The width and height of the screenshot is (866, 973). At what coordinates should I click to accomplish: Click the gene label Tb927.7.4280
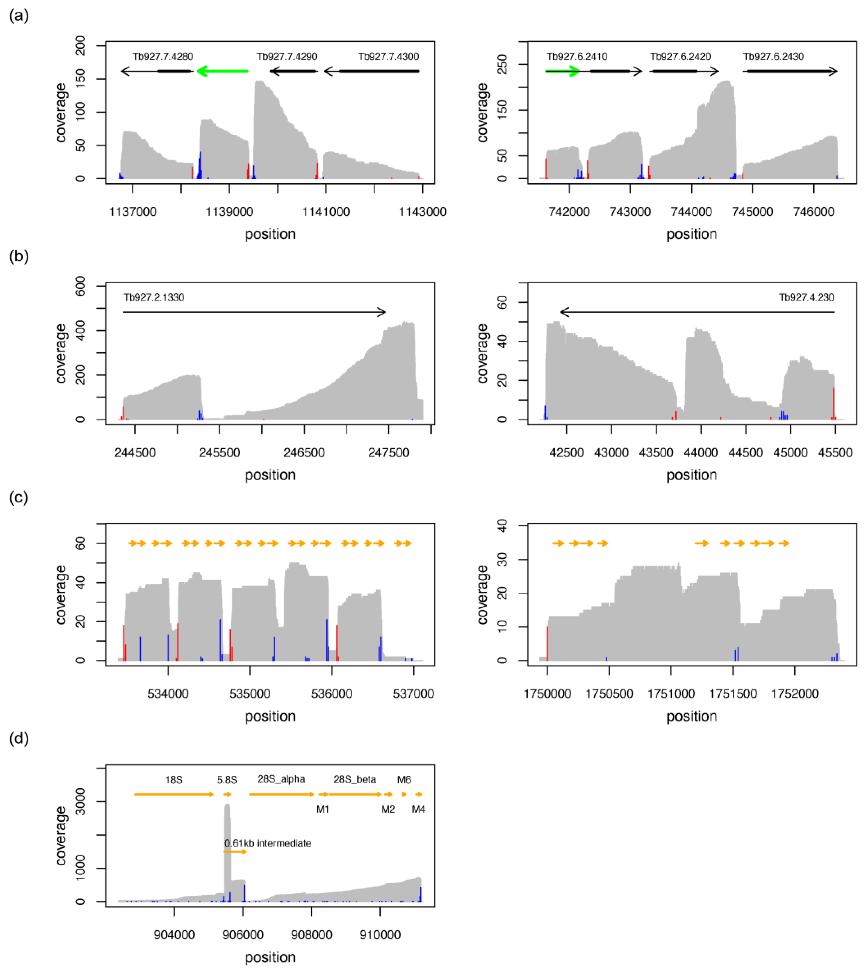click(x=163, y=57)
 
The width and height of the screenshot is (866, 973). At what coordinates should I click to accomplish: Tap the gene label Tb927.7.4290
click(x=287, y=57)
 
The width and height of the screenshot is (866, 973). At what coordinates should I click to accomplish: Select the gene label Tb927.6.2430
click(x=773, y=57)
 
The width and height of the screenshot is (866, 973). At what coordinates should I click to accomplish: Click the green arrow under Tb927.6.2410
click(x=562, y=71)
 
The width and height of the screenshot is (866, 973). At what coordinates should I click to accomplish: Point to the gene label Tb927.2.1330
click(x=154, y=298)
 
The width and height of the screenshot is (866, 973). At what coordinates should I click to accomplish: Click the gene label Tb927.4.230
click(x=806, y=298)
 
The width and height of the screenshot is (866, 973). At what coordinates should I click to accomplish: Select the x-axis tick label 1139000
click(x=229, y=212)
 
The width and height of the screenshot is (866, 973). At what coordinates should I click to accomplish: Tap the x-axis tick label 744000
click(x=691, y=212)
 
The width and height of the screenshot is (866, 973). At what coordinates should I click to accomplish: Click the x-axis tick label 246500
click(x=304, y=453)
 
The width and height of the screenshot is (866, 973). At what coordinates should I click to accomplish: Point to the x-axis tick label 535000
click(x=250, y=693)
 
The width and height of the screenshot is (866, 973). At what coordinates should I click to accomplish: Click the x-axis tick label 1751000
click(x=671, y=693)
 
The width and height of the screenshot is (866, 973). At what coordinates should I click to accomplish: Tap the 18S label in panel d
click(x=174, y=780)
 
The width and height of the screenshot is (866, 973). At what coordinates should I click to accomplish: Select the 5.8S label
click(x=227, y=780)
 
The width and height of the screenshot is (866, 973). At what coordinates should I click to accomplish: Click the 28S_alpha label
click(x=281, y=779)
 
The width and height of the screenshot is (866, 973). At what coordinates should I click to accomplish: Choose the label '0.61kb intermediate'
click(x=268, y=843)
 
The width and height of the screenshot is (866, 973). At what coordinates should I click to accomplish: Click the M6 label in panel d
click(x=404, y=780)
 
